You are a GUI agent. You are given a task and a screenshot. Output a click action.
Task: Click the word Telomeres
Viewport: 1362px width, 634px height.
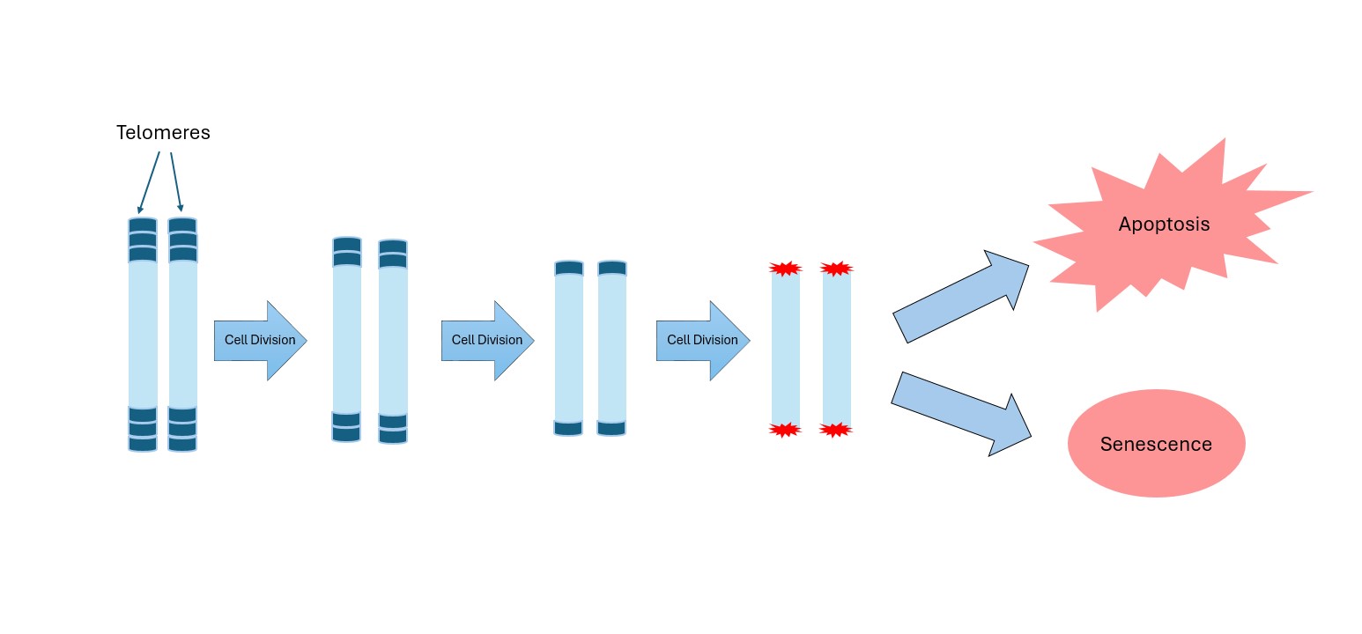[x=163, y=133]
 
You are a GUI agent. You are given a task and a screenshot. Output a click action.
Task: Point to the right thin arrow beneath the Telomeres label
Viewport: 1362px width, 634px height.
[x=175, y=181]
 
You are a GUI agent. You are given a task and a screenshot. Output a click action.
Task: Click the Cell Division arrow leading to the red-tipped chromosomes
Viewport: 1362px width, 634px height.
[x=701, y=341]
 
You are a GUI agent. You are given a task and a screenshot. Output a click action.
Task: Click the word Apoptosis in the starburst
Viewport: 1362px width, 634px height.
[x=1164, y=225]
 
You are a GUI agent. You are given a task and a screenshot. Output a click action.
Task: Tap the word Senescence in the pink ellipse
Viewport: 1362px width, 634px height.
[x=1156, y=445]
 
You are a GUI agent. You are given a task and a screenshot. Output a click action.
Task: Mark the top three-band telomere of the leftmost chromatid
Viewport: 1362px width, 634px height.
[x=143, y=240]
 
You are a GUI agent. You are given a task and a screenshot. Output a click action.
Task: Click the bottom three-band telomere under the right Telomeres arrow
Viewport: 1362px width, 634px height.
[x=182, y=429]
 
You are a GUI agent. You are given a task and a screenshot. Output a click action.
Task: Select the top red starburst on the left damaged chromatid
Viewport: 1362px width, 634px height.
[x=785, y=268]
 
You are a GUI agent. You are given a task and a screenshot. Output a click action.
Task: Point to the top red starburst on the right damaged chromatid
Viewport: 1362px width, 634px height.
[x=836, y=268]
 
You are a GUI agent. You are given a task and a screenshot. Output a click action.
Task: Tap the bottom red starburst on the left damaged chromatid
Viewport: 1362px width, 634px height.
[x=785, y=430]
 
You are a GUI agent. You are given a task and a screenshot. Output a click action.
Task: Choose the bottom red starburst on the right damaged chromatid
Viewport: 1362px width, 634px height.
[x=836, y=430]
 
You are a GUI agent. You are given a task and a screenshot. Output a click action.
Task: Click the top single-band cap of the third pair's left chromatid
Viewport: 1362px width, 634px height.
[x=569, y=269]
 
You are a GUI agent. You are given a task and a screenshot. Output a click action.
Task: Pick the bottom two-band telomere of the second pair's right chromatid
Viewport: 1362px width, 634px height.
[x=393, y=428]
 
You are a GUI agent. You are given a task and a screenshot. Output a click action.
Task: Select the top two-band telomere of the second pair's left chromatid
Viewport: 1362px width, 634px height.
[x=347, y=251]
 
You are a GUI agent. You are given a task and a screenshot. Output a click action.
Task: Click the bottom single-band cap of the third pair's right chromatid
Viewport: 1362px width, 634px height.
[x=611, y=428]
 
